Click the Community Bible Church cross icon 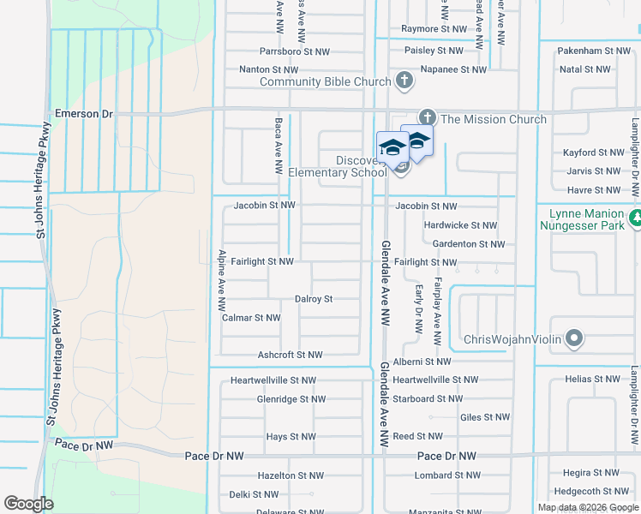405,81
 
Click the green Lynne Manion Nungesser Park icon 634,219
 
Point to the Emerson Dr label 84,113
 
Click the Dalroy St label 313,299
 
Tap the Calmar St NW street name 251,318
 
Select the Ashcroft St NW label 290,355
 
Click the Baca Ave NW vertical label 279,146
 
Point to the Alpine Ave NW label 221,280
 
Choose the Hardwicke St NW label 460,225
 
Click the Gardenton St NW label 467,244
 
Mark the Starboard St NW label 428,398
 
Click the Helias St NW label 592,379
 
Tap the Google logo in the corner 28,504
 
